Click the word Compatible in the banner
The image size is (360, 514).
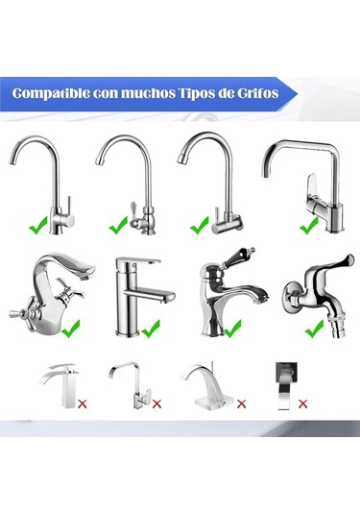coord(51,93)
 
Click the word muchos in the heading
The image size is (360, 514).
coord(149,93)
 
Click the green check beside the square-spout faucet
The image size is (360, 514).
coord(309,226)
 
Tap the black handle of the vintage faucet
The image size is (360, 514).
coord(236,258)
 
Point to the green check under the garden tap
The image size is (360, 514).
coord(315,329)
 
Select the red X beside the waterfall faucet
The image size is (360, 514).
coord(83,404)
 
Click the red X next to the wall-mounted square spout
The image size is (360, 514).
coord(303,404)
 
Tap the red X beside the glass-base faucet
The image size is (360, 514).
coord(241,404)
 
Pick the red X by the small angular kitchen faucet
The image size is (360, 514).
coord(156,404)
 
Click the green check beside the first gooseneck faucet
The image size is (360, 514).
coord(38,226)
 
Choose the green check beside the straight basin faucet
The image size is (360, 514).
coord(151,329)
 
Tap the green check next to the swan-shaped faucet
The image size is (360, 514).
coord(70,329)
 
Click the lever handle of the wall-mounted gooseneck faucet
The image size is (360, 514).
coord(217,213)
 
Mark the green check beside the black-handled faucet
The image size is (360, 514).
coord(232,329)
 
